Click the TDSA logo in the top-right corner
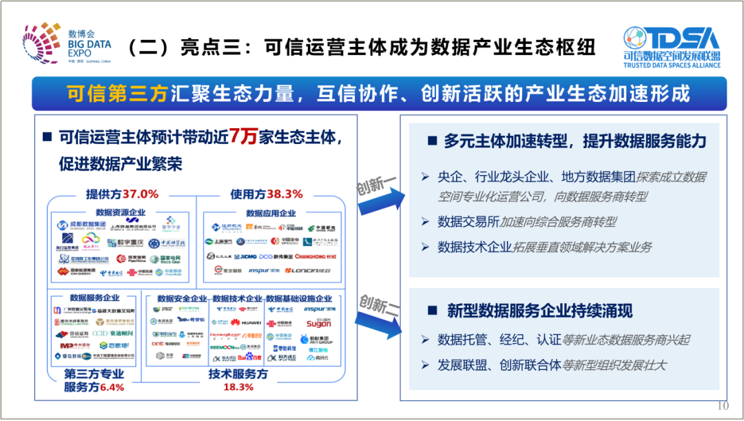[x=672, y=46]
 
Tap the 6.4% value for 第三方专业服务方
[x=112, y=387]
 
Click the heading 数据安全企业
[x=182, y=298]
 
